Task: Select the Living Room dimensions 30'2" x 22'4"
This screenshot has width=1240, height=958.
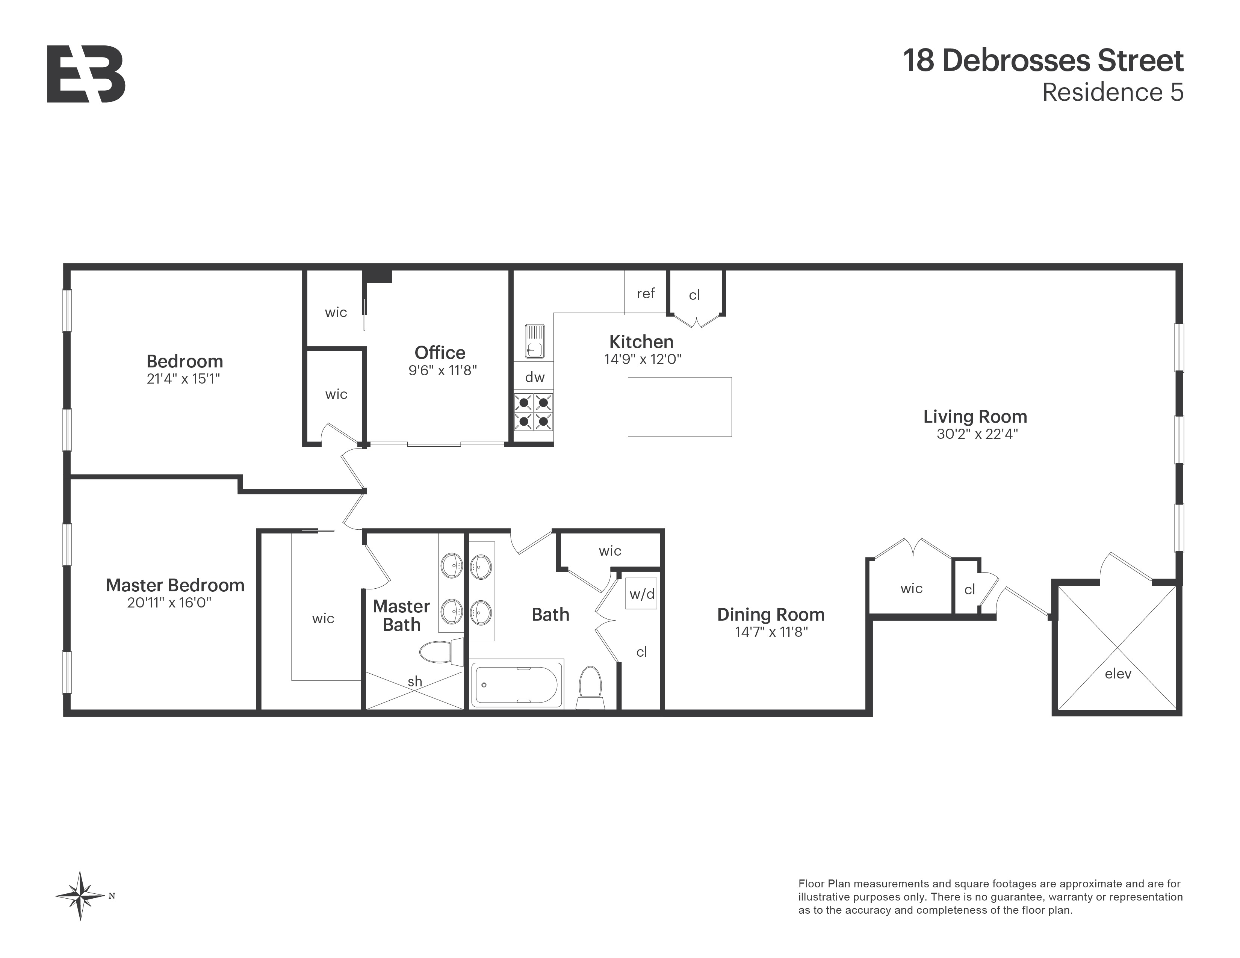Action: coord(977,434)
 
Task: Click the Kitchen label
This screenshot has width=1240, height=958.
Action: coord(641,341)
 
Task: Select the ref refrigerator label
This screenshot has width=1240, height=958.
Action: coord(646,293)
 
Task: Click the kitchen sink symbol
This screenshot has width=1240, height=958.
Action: coord(534,341)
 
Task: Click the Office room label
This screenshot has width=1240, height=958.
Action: coord(440,352)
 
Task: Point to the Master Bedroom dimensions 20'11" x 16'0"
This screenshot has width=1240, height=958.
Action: coord(169,603)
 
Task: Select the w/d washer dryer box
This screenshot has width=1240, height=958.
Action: coord(641,594)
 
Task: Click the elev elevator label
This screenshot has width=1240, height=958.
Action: coord(1118,674)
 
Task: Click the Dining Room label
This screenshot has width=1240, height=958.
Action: coord(770,615)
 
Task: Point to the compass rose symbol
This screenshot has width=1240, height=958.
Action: coord(81,896)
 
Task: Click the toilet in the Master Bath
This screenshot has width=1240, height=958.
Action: coord(440,652)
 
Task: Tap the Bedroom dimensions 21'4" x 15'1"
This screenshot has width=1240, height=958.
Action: coord(183,379)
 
